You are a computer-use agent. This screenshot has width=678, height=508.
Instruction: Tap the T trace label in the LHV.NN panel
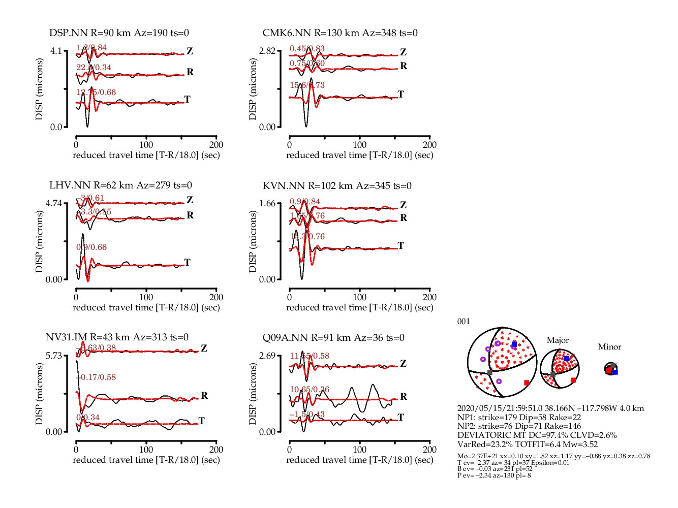pyautogui.click(x=188, y=262)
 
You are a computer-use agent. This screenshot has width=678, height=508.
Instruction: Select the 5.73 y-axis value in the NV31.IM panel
pyautogui.click(x=54, y=355)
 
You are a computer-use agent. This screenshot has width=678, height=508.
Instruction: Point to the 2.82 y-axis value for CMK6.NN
pyautogui.click(x=267, y=51)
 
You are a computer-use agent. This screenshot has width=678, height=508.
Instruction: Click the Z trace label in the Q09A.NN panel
pyautogui.click(x=403, y=363)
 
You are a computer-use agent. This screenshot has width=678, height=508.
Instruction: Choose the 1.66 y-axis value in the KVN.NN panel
pyautogui.click(x=267, y=203)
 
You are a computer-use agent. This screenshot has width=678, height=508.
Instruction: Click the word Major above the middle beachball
pyautogui.click(x=558, y=340)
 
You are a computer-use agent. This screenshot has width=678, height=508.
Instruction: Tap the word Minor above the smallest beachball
pyautogui.click(x=609, y=347)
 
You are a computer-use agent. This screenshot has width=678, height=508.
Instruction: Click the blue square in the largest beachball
pyautogui.click(x=514, y=344)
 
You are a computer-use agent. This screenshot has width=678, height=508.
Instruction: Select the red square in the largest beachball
pyautogui.click(x=527, y=383)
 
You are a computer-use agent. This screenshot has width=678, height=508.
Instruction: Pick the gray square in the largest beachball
pyautogui.click(x=490, y=372)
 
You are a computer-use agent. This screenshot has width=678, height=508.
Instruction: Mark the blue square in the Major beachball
pyautogui.click(x=566, y=359)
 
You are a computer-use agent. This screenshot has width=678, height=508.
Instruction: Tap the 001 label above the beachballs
pyautogui.click(x=464, y=321)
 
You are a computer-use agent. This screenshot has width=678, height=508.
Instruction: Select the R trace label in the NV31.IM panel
pyautogui.click(x=204, y=395)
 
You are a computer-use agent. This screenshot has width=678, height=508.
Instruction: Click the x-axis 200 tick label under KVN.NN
pyautogui.click(x=429, y=297)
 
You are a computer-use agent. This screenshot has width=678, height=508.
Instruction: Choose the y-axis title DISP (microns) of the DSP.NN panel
pyautogui.click(x=39, y=89)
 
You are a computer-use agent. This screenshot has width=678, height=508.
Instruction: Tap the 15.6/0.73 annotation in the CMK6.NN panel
pyautogui.click(x=307, y=85)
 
